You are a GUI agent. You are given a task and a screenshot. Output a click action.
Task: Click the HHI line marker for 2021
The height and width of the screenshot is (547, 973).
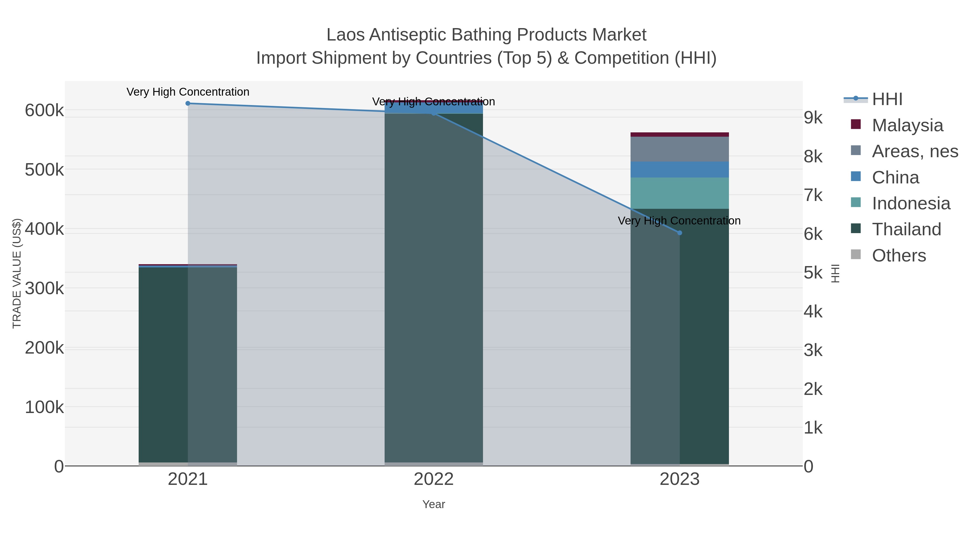188,103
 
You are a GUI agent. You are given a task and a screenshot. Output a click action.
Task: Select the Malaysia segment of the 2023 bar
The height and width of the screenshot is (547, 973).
679,135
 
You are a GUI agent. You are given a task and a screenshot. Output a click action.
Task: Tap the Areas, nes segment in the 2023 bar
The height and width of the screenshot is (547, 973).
679,149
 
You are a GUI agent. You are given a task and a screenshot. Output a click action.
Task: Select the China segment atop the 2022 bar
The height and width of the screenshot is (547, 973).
434,108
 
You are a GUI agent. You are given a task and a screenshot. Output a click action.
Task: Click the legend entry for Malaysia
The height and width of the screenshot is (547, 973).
907,125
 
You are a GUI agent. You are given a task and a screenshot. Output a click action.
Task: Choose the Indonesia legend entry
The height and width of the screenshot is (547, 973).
910,203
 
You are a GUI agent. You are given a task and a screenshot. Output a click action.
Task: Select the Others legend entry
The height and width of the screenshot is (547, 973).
898,256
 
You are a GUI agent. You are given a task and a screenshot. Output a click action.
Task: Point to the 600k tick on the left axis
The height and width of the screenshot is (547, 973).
44,111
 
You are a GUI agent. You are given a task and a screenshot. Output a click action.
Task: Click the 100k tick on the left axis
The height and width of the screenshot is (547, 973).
44,407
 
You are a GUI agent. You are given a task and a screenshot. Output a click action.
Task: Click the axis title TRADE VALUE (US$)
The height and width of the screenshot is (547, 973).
17,273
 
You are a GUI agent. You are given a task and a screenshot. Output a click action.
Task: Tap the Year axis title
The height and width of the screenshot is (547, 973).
434,504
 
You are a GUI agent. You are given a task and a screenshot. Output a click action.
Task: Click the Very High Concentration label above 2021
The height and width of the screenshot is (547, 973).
188,92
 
